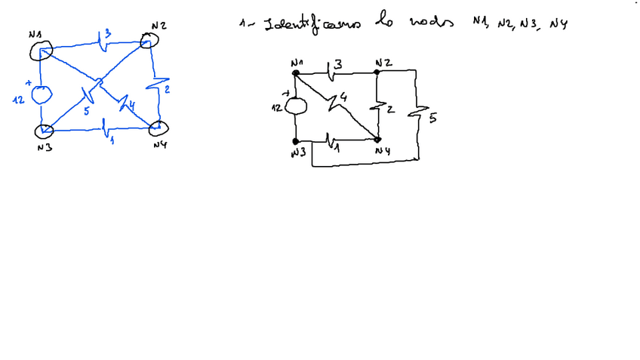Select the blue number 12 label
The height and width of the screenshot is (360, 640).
point(19,99)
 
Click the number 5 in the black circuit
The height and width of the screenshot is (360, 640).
point(432,118)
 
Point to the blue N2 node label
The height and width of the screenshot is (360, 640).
point(158,26)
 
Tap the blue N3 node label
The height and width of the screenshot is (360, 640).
point(44,147)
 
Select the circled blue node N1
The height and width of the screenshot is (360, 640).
point(39,50)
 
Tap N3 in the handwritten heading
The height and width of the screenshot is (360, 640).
point(528,24)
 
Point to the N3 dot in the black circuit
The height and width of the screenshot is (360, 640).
point(296,141)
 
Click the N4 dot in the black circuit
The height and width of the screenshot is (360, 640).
point(378,140)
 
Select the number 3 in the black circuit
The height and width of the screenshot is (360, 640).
point(338,65)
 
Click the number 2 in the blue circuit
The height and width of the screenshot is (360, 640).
point(166,91)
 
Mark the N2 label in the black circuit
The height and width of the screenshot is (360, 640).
point(383,62)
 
